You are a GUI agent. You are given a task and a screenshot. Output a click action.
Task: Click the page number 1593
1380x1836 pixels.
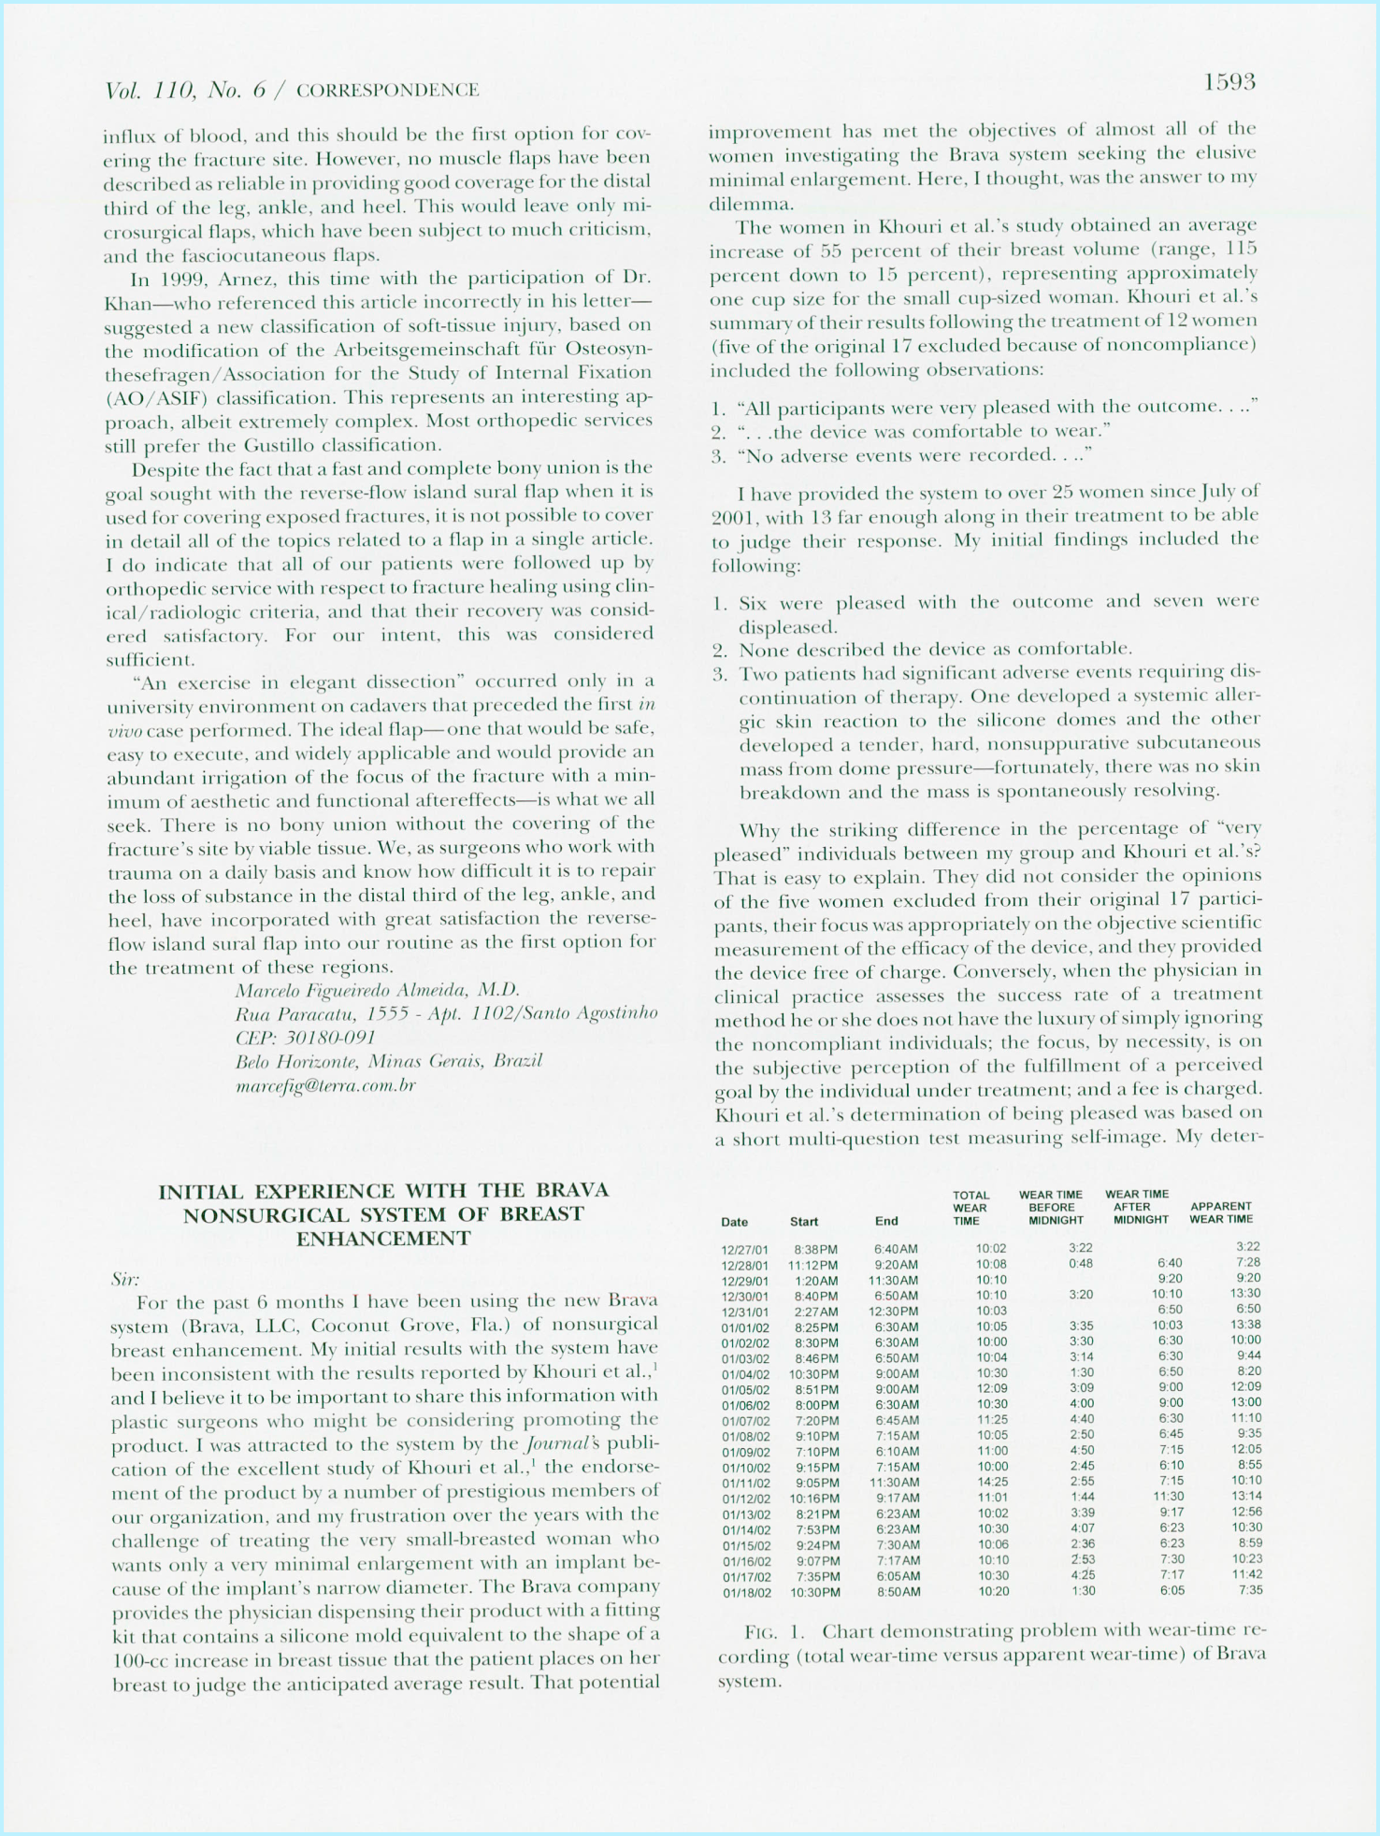tap(1229, 82)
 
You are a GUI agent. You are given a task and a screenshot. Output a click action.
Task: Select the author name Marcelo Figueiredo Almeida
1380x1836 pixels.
tap(378, 990)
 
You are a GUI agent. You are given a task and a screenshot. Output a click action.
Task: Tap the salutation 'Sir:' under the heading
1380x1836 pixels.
tap(124, 1279)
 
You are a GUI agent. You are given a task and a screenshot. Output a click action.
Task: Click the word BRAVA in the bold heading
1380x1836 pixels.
tap(572, 1190)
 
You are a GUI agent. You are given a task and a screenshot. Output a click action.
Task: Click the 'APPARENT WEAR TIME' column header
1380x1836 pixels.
tap(1220, 1212)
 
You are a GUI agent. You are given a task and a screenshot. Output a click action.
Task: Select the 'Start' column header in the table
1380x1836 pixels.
tap(804, 1221)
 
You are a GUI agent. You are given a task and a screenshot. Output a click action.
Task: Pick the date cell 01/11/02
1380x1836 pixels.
tap(745, 1483)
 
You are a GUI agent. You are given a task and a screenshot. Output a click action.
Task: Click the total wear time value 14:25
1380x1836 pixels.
tap(992, 1482)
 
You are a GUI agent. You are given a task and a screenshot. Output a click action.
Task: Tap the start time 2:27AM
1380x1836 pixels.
tap(815, 1312)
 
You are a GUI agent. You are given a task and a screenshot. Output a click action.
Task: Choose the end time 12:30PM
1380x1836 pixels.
tap(894, 1312)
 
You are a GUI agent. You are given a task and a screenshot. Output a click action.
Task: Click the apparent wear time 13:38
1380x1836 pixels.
tap(1245, 1325)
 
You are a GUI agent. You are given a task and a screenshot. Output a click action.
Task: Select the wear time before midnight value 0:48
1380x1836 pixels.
tap(1080, 1264)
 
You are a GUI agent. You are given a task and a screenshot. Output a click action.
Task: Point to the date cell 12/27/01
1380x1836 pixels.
tap(744, 1249)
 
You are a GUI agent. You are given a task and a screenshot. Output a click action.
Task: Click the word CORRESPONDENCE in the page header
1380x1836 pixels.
tap(387, 91)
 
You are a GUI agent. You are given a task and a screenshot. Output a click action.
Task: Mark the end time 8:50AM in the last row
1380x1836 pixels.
tap(898, 1592)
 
